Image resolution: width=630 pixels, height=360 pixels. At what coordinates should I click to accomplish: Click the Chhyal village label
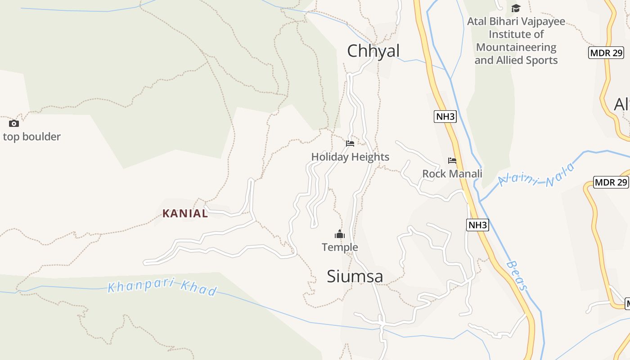tap(373, 51)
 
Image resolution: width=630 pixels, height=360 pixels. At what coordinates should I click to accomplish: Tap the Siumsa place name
tap(355, 276)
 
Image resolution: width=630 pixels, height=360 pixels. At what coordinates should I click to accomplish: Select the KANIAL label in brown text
tap(185, 213)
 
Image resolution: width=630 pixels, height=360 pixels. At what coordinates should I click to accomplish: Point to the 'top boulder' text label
tap(31, 136)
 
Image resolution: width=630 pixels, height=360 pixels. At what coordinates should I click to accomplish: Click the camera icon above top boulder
tap(14, 123)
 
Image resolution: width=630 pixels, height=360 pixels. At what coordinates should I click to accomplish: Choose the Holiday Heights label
tap(350, 157)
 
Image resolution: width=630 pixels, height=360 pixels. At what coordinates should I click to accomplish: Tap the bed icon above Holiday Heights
tap(350, 144)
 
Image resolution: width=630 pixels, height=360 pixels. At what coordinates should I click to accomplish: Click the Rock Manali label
tap(452, 174)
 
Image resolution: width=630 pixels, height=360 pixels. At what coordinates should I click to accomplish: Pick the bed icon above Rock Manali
tap(452, 160)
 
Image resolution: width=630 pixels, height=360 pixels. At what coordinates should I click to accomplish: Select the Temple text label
tap(340, 247)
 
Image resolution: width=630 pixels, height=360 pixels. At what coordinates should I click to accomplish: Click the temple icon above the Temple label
tap(340, 234)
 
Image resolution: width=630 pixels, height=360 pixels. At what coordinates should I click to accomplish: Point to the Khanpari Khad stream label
tap(162, 288)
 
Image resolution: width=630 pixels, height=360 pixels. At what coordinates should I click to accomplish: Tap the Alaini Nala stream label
tap(536, 176)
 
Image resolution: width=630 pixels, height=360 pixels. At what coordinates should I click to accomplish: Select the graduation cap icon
tap(516, 8)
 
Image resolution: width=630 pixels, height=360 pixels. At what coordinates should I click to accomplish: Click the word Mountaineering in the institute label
tap(516, 47)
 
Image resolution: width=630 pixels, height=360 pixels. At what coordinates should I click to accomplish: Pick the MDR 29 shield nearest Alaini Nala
tap(611, 182)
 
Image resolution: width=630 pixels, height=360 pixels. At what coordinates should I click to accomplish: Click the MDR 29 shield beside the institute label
tap(606, 52)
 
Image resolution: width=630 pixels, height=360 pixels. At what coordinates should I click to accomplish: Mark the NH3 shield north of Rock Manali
tap(445, 117)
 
